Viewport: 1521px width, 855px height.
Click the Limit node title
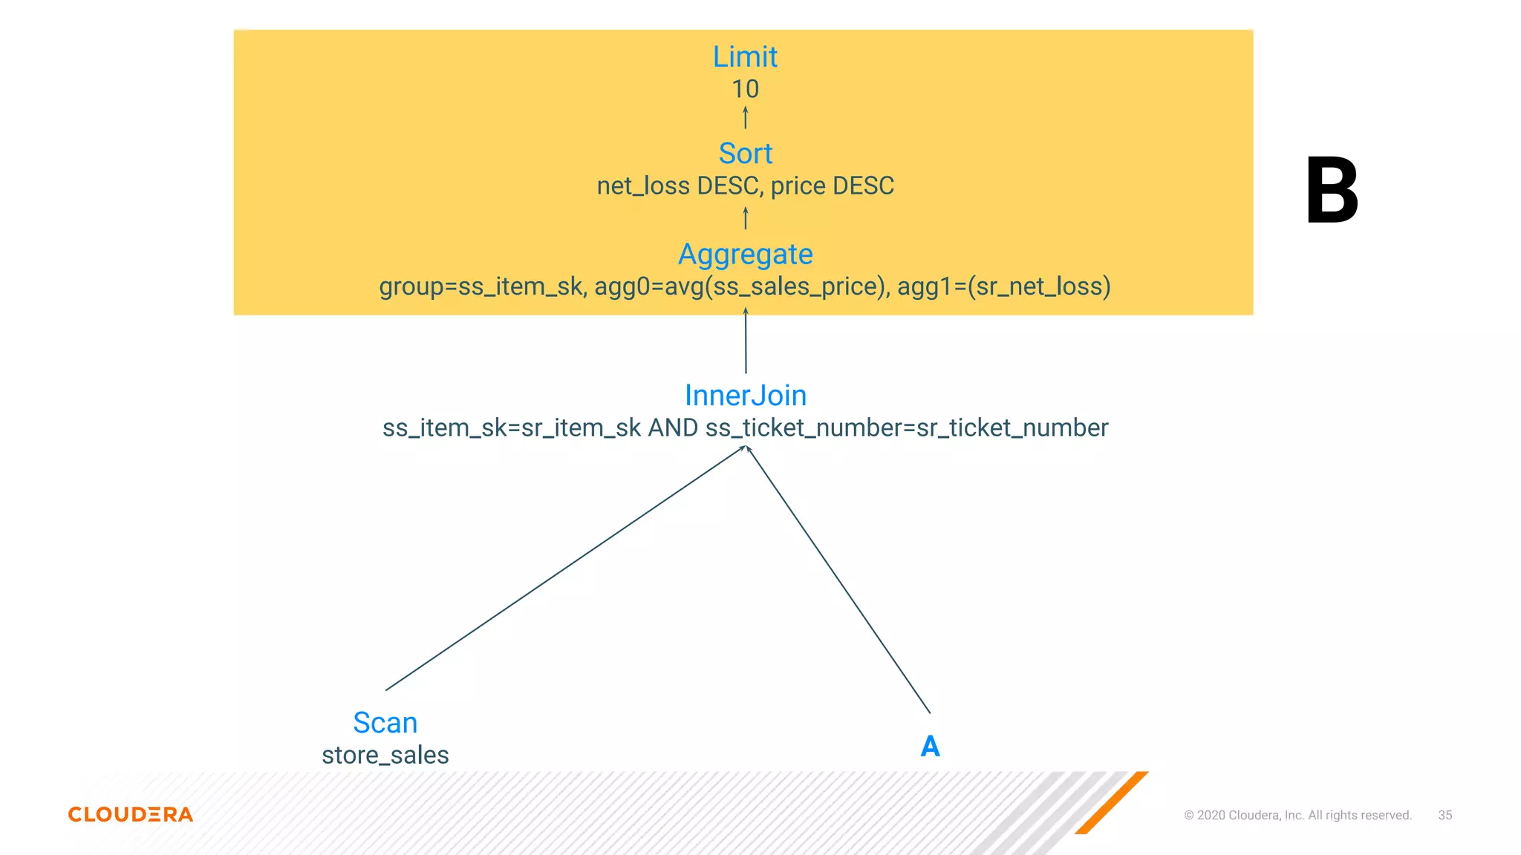click(x=745, y=57)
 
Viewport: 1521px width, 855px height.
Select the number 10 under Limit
click(x=745, y=89)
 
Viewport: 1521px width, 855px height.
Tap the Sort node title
click(x=745, y=154)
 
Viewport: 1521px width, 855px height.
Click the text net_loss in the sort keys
click(x=643, y=186)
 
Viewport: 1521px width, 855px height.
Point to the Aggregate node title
click(x=745, y=255)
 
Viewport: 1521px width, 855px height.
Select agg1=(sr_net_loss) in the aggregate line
click(x=1003, y=286)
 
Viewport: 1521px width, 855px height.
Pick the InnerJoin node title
click(x=745, y=396)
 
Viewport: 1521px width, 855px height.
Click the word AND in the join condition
click(x=673, y=428)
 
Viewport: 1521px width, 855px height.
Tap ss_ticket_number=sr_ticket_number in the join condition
click(x=906, y=428)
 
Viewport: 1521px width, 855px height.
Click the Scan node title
click(x=385, y=723)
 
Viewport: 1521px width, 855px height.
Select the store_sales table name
click(x=385, y=755)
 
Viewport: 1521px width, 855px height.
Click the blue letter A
click(x=930, y=746)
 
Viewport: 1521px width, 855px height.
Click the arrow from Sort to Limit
click(x=745, y=117)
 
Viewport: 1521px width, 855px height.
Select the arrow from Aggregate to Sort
click(x=745, y=218)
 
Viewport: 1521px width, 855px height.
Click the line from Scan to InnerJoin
click(x=564, y=569)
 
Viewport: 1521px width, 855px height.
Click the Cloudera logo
click(x=131, y=814)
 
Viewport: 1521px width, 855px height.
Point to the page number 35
click(x=1445, y=815)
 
